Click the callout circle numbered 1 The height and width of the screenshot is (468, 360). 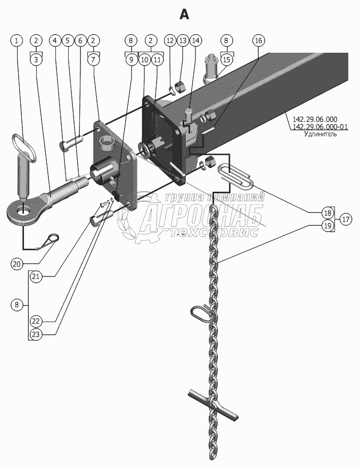[18, 40]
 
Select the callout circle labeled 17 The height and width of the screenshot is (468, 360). [346, 219]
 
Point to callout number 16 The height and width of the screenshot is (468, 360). [258, 40]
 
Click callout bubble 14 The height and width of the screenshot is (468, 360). [195, 40]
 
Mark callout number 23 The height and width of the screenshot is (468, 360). [36, 335]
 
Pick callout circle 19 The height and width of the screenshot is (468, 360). [328, 226]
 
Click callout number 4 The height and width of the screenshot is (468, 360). [55, 40]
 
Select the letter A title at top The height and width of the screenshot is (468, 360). [184, 14]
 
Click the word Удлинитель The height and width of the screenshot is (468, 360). [320, 134]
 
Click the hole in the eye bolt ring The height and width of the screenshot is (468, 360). [23, 212]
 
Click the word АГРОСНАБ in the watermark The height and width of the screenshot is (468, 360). [202, 217]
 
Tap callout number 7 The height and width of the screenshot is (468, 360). [93, 60]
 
